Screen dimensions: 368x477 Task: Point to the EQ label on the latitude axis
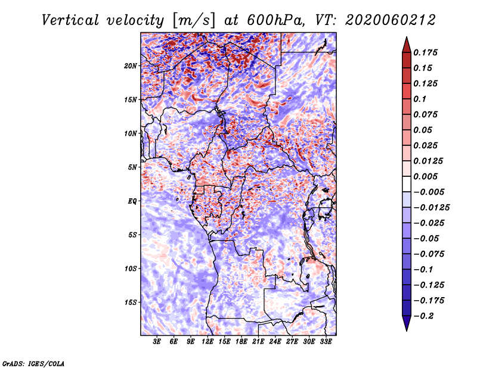coord(132,201)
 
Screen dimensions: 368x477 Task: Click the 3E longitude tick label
coord(157,342)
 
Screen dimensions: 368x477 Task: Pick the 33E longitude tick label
coord(326,342)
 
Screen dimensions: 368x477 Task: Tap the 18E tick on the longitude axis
coord(241,342)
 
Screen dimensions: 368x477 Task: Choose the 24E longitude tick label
coord(275,342)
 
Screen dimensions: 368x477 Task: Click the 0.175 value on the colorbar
coord(427,52)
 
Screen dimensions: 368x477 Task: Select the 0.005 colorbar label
coord(427,177)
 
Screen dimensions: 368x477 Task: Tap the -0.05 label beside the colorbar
coord(427,239)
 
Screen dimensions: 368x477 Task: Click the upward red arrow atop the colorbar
coord(406,44)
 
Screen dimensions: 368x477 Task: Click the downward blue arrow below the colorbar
coord(406,323)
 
